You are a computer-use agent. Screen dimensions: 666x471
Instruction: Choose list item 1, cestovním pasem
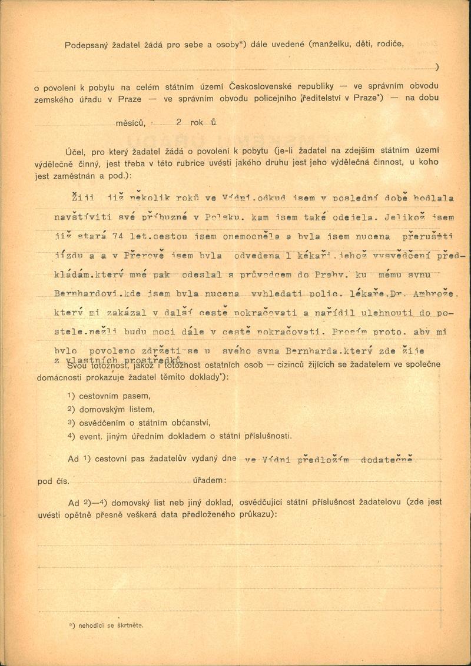click(x=110, y=396)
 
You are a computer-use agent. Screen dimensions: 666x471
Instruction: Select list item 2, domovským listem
click(x=114, y=409)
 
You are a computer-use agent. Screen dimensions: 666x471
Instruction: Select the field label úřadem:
click(x=210, y=481)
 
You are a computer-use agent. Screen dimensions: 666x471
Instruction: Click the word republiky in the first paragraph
click(x=323, y=87)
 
